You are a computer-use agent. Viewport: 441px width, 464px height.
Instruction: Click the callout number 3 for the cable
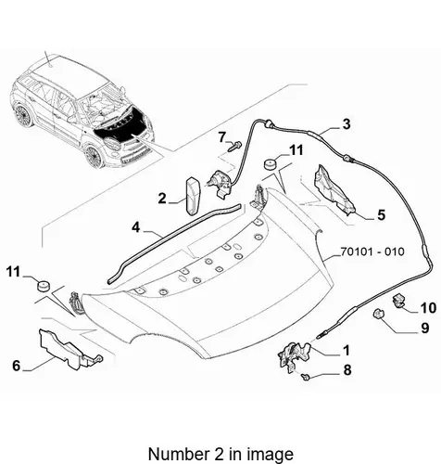point(346,124)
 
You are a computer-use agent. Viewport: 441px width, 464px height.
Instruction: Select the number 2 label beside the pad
point(162,199)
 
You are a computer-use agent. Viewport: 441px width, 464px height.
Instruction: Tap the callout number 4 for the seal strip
point(135,227)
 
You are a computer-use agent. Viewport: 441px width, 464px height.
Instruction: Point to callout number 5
point(382,215)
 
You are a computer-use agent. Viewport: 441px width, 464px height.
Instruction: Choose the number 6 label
point(17,366)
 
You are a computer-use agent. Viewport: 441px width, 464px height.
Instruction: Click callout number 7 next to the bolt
point(222,137)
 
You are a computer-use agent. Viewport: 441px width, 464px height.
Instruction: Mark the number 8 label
point(347,370)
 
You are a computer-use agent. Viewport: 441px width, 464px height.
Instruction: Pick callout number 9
point(425,328)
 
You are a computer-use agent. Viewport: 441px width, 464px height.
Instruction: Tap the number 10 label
point(428,308)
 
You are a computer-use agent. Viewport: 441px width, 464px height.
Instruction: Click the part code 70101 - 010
point(372,251)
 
